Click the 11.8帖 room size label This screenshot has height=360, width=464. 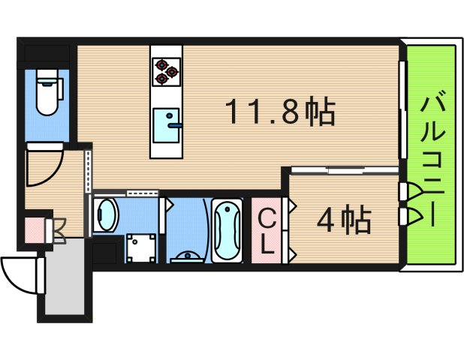pos(279,112)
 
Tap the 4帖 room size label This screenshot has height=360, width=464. pos(343,219)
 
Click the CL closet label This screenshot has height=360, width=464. pos(267,230)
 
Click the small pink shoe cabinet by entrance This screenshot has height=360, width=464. pos(35,229)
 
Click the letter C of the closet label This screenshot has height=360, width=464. pos(267,218)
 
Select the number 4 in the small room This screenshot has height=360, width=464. pos(325,219)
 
